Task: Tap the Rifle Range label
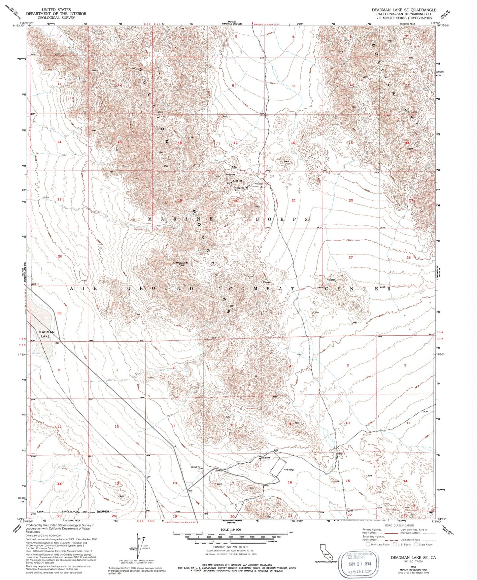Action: point(289,470)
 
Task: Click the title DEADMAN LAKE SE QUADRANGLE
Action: point(404,10)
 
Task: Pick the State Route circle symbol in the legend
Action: point(416,544)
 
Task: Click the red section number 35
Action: point(59,313)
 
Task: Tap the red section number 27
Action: point(351,257)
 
